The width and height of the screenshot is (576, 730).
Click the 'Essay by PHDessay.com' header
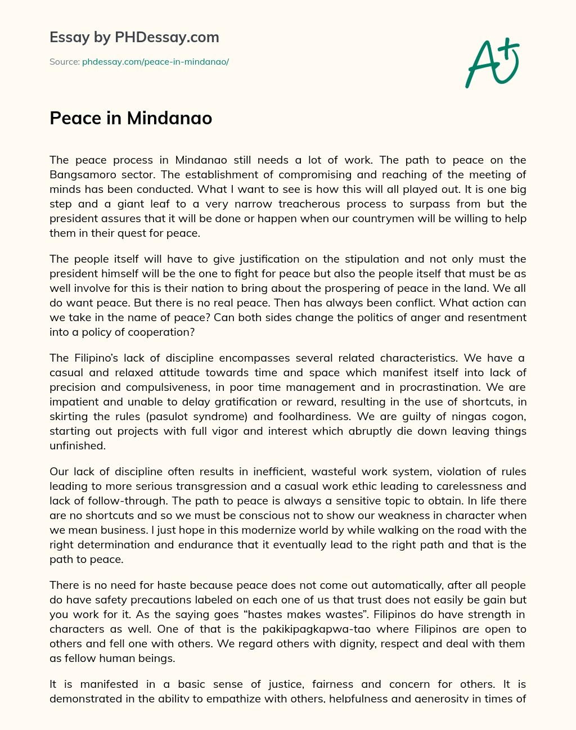click(134, 37)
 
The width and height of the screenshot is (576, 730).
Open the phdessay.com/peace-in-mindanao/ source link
click(155, 62)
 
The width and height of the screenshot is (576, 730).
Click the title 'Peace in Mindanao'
click(130, 118)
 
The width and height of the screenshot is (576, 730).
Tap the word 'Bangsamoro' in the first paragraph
click(82, 174)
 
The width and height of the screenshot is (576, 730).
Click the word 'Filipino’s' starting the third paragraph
click(96, 358)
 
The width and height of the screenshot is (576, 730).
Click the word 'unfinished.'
click(77, 445)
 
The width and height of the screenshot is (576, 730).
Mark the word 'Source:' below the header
click(65, 62)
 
